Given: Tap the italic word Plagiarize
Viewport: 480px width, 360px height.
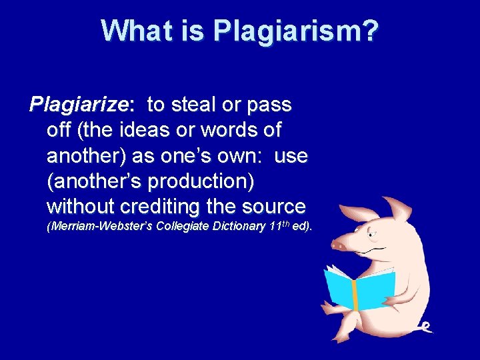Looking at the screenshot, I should (78, 105).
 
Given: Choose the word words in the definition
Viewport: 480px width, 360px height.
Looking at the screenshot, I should (223, 130).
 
